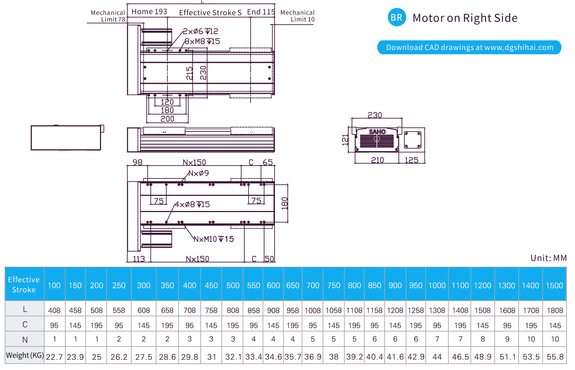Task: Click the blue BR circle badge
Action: [x=396, y=17]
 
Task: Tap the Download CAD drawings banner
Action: [x=469, y=47]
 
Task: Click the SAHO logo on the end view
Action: [x=377, y=132]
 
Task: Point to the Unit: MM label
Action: [x=548, y=258]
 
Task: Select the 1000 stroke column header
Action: [x=437, y=286]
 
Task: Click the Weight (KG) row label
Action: [x=25, y=355]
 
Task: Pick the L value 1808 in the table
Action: [x=554, y=311]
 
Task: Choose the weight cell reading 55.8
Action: [x=555, y=357]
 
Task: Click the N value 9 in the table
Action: [x=507, y=339]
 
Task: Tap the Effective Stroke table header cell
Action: [x=24, y=284]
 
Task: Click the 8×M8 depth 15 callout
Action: [x=202, y=41]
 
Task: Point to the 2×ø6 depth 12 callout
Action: [x=201, y=31]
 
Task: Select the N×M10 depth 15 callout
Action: [x=214, y=239]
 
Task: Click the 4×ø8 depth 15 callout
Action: [x=192, y=205]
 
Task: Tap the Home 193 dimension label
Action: [x=149, y=12]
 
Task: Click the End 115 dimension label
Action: [x=261, y=12]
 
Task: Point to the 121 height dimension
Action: [x=345, y=140]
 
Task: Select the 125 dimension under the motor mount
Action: [x=411, y=160]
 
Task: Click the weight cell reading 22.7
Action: [x=54, y=357]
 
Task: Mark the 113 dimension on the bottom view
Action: [x=139, y=259]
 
